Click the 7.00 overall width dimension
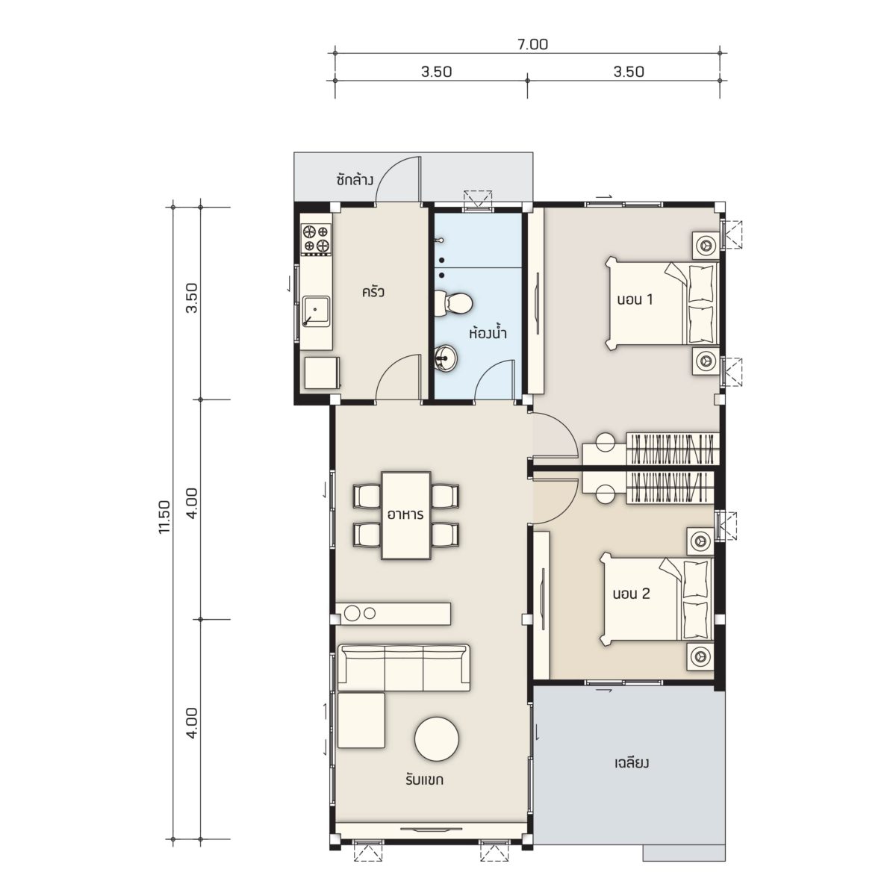pos(532,45)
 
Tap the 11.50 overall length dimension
pos(165,517)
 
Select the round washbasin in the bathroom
pos(447,358)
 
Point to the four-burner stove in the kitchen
pos(316,239)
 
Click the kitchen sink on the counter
pos(316,311)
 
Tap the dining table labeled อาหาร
pos(406,515)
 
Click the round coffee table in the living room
pos(437,738)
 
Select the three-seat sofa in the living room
pos(404,668)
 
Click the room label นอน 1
pos(635,299)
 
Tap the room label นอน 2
pos(631,594)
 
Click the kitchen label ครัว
pos(373,293)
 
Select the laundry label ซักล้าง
pos(355,180)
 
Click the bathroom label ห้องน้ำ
pos(488,333)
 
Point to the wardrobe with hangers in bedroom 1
pos(672,449)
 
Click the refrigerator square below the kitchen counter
pos(322,373)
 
